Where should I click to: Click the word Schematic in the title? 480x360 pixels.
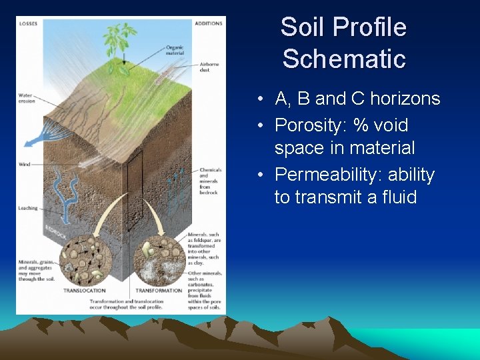(344, 59)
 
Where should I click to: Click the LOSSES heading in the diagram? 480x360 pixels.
(29, 23)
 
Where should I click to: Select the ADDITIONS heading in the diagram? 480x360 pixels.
(208, 23)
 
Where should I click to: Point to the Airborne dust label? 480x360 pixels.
(209, 67)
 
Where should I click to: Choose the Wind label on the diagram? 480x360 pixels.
(24, 164)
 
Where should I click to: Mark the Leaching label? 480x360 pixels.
(27, 209)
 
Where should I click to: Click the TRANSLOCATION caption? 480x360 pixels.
(84, 291)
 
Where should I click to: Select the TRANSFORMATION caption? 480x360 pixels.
(159, 291)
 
